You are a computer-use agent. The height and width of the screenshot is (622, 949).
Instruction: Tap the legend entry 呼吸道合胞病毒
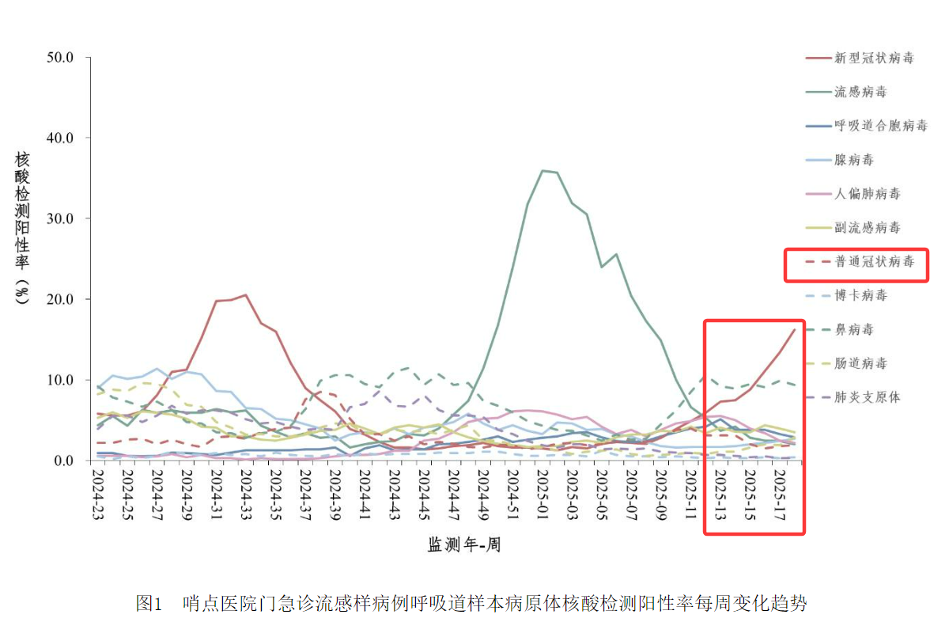(880, 126)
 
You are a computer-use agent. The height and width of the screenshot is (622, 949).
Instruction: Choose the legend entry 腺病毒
(854, 160)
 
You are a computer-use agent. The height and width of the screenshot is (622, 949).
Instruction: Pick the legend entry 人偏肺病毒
(868, 194)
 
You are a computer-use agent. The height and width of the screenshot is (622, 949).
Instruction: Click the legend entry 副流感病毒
(868, 228)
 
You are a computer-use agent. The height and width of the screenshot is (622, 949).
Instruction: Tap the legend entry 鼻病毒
(854, 329)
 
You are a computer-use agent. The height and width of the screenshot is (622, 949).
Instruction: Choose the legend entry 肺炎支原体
(868, 396)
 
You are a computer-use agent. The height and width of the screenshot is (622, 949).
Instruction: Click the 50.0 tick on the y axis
(60, 58)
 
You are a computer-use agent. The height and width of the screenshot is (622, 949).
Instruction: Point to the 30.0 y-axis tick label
(60, 219)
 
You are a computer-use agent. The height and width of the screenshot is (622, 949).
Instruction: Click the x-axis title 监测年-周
(464, 544)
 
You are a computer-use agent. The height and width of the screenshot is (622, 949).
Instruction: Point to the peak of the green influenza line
(543, 170)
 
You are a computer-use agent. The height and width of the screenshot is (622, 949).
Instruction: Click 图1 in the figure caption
(149, 604)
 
